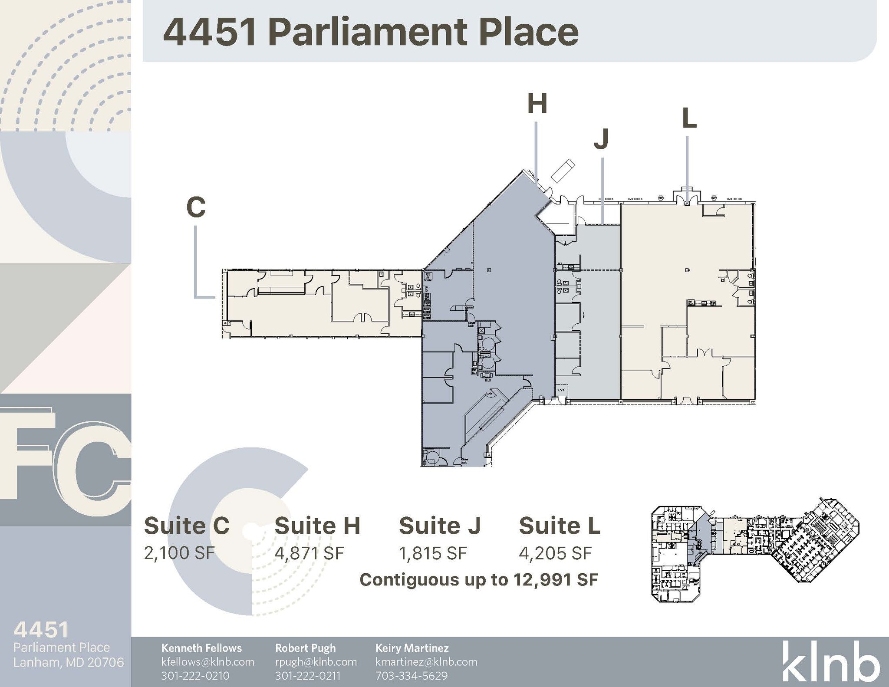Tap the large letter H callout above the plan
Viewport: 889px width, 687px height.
(x=537, y=104)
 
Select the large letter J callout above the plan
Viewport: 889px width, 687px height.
(x=601, y=138)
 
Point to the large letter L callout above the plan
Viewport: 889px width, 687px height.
(x=689, y=118)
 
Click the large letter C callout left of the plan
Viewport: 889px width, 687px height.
(x=196, y=207)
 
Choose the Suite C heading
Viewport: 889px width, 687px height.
(x=187, y=526)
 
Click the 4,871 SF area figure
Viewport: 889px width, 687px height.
(x=309, y=553)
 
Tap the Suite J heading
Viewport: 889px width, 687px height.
(x=439, y=526)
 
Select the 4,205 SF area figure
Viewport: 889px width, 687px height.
(x=555, y=553)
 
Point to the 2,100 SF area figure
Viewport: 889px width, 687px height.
(x=179, y=553)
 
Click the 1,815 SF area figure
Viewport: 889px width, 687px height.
(x=433, y=553)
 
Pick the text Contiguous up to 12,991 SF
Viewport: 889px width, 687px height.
(x=479, y=580)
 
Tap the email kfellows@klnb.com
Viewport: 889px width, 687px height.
(x=207, y=662)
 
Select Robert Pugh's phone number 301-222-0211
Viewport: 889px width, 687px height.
(x=307, y=676)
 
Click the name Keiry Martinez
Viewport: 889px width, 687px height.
(x=412, y=648)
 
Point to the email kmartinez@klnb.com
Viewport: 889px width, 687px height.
(x=426, y=662)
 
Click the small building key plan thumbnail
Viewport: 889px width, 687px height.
(x=755, y=550)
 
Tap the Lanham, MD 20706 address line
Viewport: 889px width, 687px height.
(x=69, y=662)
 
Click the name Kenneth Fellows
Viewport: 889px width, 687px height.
(x=201, y=648)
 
